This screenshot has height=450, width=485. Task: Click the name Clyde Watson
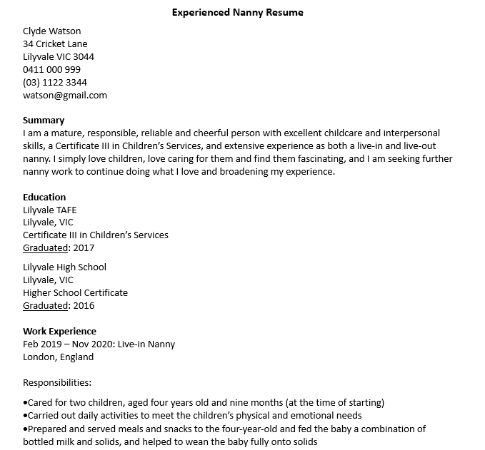coord(51,31)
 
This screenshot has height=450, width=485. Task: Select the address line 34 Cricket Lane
coord(55,44)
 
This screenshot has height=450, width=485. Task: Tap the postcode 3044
coord(83,56)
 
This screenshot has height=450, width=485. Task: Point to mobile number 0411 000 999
coord(51,69)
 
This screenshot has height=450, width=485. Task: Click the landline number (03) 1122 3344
coord(55,82)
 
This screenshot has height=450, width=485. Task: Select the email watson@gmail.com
coord(64,95)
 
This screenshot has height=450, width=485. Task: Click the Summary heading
coord(44,120)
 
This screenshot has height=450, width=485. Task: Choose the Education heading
coord(44,197)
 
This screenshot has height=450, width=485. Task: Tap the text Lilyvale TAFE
coord(49,210)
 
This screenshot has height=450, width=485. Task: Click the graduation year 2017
coord(83,248)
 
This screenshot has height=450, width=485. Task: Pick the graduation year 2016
coord(83,306)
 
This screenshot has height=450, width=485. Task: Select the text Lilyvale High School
coord(64,267)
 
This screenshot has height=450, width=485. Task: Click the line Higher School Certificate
coord(75,293)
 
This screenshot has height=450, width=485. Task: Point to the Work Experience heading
coord(59,331)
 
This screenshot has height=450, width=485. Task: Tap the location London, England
coord(58,357)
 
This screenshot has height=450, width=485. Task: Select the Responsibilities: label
coord(57,382)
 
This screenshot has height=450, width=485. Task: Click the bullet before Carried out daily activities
coord(25,416)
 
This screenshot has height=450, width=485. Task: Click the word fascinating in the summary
coord(318,159)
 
